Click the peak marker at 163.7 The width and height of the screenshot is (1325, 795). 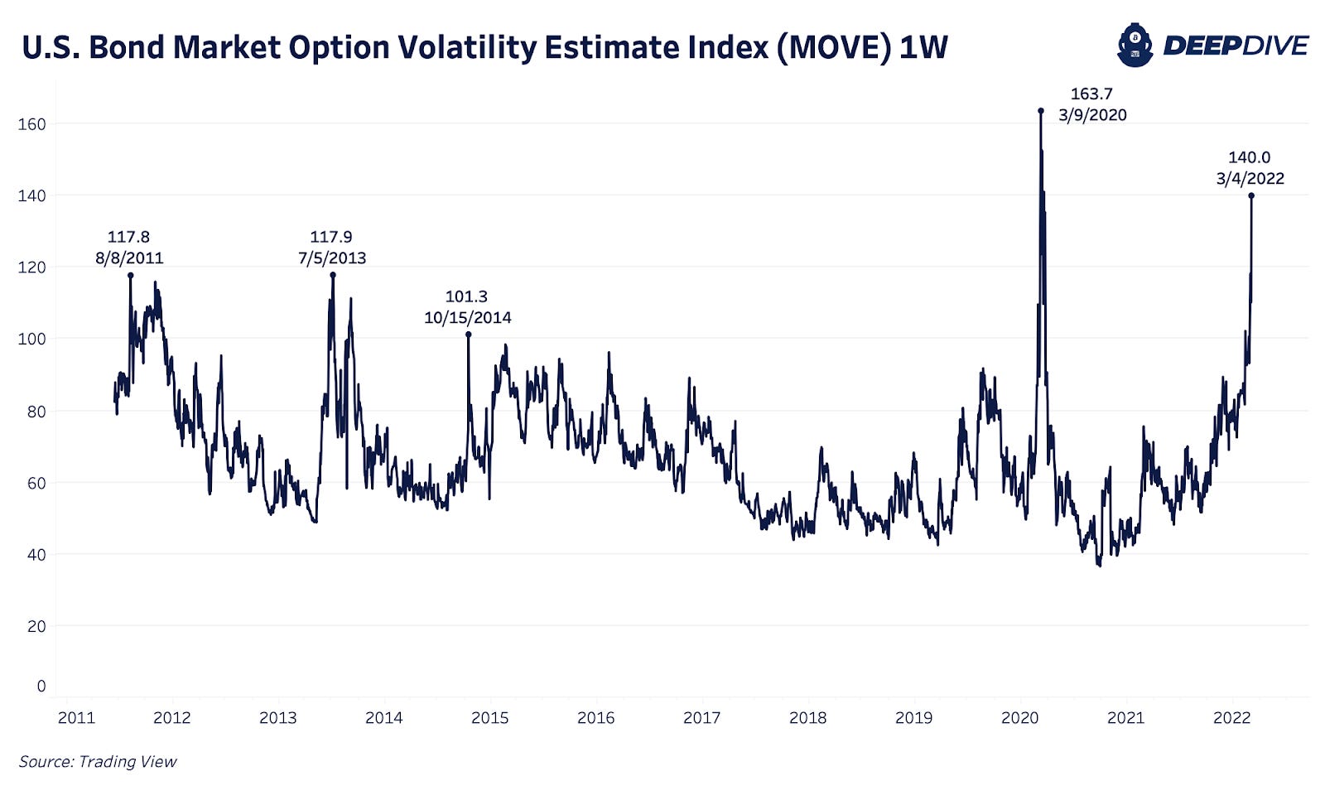click(x=1041, y=110)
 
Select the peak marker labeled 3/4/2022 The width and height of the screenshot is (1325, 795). click(x=1251, y=195)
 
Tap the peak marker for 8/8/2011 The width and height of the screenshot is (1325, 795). click(x=130, y=275)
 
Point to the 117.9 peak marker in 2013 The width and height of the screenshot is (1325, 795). click(x=333, y=274)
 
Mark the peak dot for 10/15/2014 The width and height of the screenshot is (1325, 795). click(x=468, y=335)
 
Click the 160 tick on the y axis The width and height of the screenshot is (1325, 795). click(x=31, y=124)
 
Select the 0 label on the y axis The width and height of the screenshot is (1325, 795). click(x=41, y=686)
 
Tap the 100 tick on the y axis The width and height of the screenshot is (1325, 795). click(x=31, y=339)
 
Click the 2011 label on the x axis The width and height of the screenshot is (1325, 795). click(x=76, y=718)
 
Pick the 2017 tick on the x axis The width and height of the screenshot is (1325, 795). click(x=701, y=718)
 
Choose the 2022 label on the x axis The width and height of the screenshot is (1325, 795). click(x=1231, y=718)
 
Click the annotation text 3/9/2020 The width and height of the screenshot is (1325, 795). click(x=1092, y=115)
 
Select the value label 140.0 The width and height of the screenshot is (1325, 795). click(x=1249, y=157)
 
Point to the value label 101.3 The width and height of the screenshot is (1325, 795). click(x=466, y=296)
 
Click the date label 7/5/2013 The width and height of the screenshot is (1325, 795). click(x=332, y=258)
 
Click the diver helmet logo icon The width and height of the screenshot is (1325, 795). click(x=1135, y=45)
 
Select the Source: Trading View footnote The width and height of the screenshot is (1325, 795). click(x=98, y=761)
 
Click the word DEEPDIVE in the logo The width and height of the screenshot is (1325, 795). click(x=1236, y=46)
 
